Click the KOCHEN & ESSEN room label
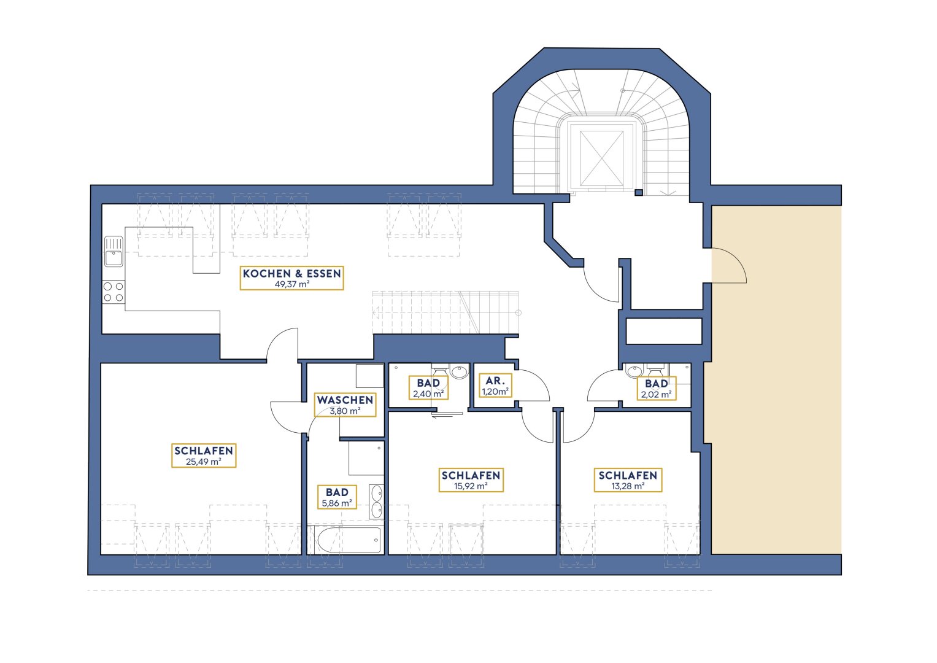coord(291,273)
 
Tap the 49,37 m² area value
coord(291,284)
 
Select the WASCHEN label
coord(345,400)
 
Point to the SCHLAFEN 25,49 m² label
coord(204,456)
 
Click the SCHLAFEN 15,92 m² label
coord(471,479)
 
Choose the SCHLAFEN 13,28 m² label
coord(628,479)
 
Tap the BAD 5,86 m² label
coord(337,497)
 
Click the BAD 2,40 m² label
coord(428,387)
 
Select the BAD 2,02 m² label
coord(657,389)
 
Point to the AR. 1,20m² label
coord(495,386)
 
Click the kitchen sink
coord(114,251)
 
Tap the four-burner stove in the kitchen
coord(114,292)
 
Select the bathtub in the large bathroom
coord(349,540)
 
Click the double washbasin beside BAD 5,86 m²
coord(377,502)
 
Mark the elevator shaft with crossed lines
coord(601,157)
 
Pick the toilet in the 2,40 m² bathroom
coord(440,371)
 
